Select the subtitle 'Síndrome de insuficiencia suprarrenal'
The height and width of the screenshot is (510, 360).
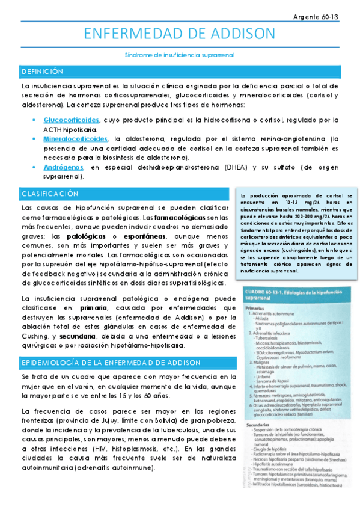pyautogui.click(x=180, y=54)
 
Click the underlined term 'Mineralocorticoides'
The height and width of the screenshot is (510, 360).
pyautogui.click(x=76, y=138)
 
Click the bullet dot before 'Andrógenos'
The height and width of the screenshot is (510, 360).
pyautogui.click(x=35, y=167)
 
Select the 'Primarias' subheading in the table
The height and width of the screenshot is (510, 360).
pyautogui.click(x=257, y=308)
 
